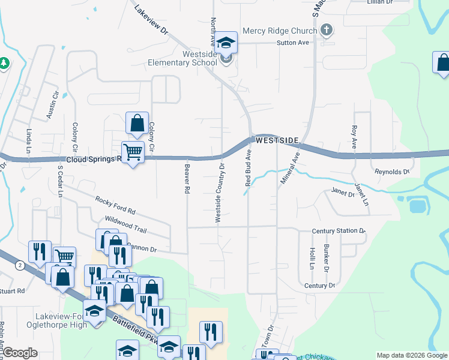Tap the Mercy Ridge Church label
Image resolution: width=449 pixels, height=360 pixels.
click(279, 31)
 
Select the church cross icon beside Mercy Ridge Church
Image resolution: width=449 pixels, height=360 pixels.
click(327, 29)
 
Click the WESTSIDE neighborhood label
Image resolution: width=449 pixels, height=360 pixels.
click(277, 140)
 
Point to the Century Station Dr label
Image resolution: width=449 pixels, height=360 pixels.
click(339, 230)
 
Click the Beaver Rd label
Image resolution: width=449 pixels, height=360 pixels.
click(187, 178)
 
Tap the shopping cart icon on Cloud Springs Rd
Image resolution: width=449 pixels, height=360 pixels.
click(133, 152)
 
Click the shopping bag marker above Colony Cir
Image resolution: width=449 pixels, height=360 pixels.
click(137, 123)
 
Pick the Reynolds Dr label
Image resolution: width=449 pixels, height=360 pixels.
click(391, 172)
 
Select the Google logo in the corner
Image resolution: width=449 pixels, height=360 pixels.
click(20, 353)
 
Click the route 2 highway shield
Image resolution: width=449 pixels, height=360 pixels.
click(20, 265)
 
